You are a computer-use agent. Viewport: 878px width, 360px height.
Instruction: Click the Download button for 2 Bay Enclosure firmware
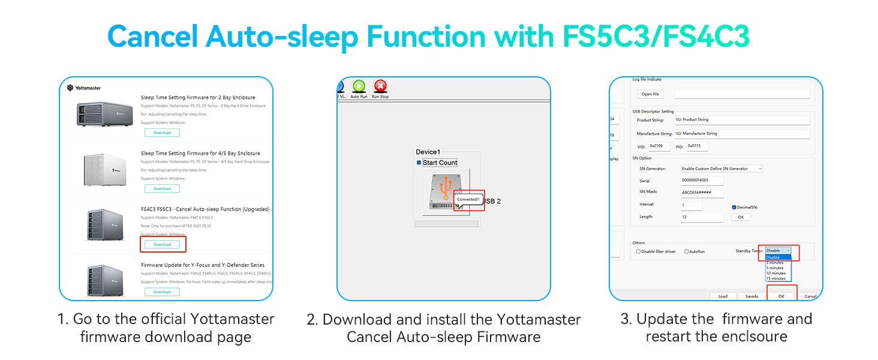click(162, 133)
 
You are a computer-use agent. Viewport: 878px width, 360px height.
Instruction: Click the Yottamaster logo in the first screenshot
click(84, 88)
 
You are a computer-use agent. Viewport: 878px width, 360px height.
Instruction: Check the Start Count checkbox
click(419, 163)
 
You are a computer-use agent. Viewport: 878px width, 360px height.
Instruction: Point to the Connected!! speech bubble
click(468, 199)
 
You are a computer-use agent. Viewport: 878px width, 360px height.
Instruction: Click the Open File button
click(651, 94)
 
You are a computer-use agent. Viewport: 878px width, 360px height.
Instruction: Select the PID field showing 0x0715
click(697, 146)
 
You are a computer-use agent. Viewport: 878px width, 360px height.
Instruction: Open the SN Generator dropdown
click(722, 169)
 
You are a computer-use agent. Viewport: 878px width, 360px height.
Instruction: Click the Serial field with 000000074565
click(702, 181)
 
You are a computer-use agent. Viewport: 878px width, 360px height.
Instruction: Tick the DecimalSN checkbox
click(734, 207)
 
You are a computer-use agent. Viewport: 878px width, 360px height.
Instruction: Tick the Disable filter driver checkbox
click(638, 251)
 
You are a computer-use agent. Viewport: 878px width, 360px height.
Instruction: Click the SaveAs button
click(752, 296)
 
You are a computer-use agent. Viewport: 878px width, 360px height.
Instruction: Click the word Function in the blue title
click(426, 37)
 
